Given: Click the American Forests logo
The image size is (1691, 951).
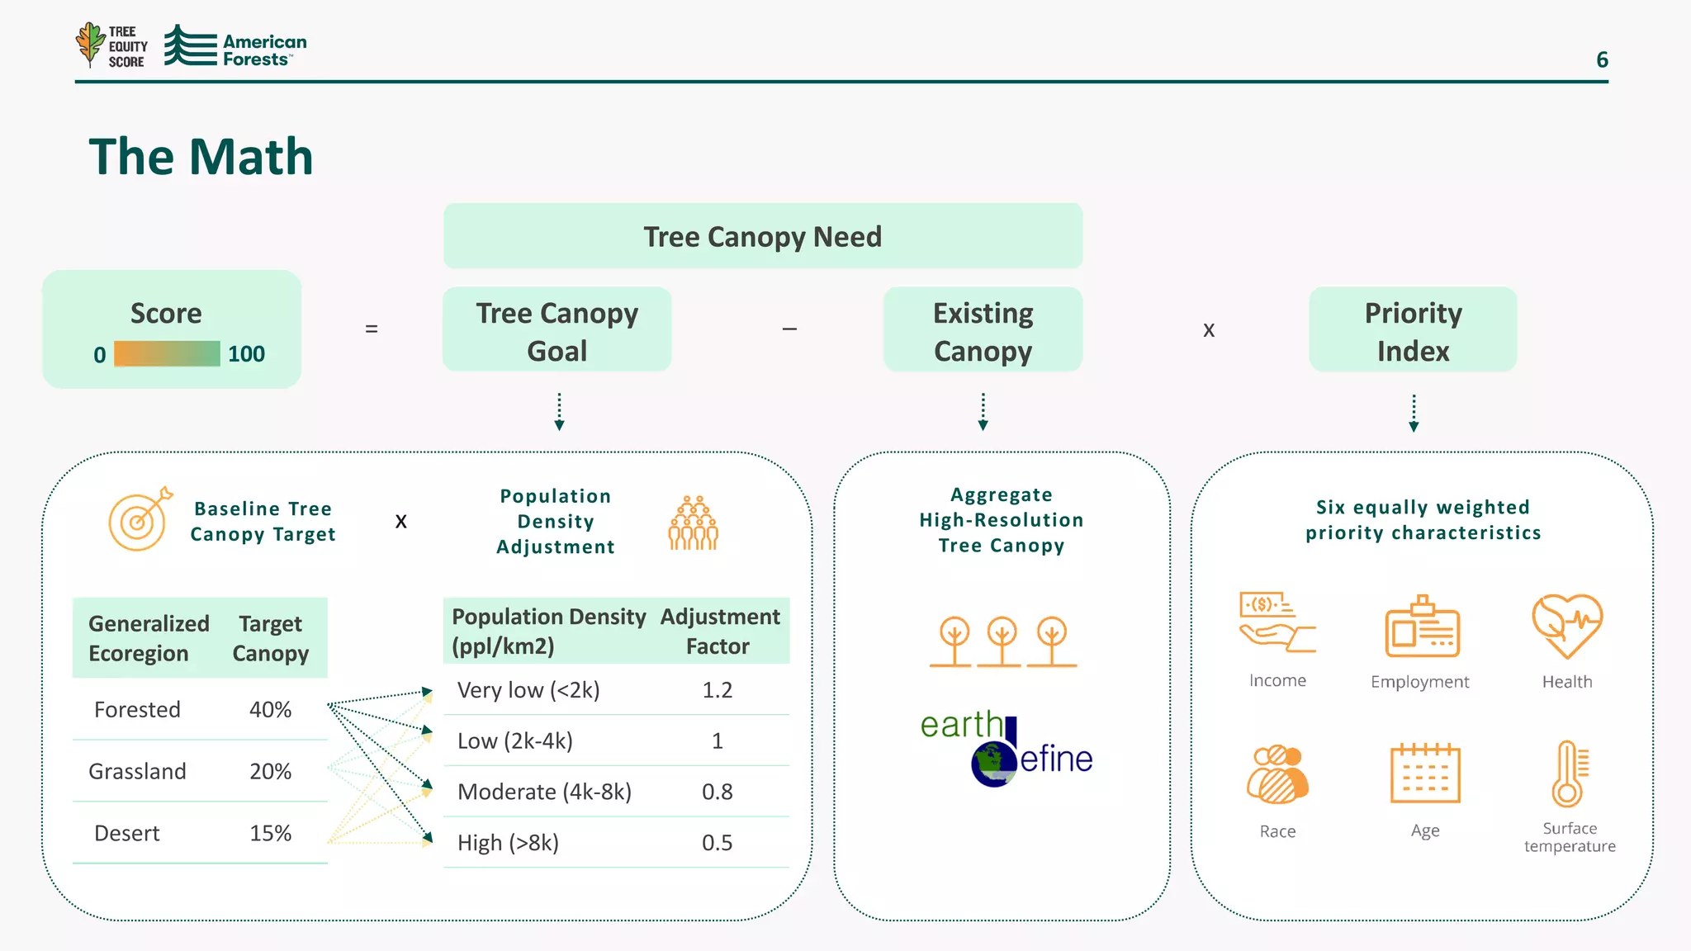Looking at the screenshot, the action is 235,46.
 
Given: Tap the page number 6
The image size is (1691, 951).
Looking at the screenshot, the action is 1602,59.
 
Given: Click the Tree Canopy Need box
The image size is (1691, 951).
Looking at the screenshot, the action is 762,236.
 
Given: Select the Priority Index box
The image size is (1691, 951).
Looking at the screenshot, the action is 1413,330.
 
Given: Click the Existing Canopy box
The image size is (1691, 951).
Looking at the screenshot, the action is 983,330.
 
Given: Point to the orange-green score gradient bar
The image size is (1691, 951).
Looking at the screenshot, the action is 167,354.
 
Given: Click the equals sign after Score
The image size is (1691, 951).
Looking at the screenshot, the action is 372,329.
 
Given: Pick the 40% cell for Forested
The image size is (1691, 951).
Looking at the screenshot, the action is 270,709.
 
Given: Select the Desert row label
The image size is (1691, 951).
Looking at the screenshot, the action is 127,833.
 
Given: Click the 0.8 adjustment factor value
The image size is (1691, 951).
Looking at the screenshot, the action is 717,792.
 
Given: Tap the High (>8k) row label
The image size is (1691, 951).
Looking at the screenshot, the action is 508,843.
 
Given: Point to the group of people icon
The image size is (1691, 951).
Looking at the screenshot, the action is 693,523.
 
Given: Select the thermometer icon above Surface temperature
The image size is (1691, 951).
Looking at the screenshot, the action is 1569,774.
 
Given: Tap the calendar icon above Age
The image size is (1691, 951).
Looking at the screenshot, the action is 1425,774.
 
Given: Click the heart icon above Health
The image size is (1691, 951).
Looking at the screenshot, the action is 1566,626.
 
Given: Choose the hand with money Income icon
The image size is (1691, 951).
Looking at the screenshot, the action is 1276,622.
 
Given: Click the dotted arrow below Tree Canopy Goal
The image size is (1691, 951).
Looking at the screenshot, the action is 559,411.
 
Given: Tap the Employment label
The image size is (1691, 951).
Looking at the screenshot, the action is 1419,682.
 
